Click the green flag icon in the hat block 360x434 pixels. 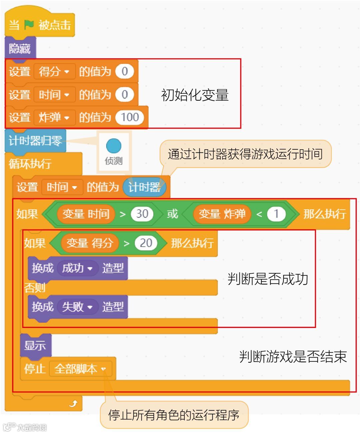coord(29,24)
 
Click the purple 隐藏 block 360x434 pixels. coord(20,49)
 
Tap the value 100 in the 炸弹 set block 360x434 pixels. coord(130,117)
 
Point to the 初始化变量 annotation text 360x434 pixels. coord(195,95)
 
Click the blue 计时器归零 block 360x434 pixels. coord(35,141)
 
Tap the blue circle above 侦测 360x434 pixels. coord(114,146)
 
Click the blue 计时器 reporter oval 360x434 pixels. coord(144,187)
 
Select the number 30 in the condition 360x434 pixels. coord(142,214)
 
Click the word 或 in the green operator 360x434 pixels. coord(172,214)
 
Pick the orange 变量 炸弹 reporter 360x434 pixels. coord(222,214)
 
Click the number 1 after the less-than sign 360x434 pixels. coord(276,214)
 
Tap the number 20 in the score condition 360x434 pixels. coord(146,243)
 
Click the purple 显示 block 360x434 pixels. coord(35,345)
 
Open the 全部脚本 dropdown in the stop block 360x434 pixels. coord(80,369)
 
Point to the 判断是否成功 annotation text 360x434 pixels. coord(268,279)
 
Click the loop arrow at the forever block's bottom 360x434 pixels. coord(73,404)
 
